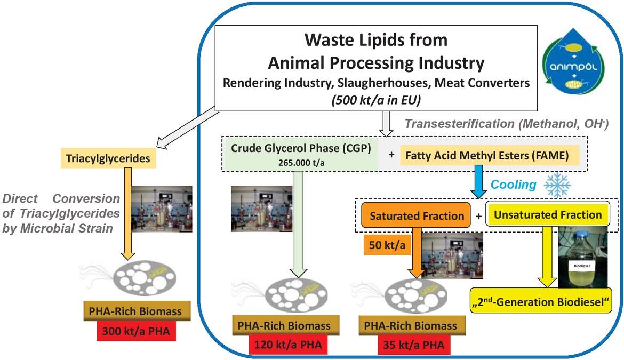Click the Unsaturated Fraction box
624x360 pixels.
point(547,215)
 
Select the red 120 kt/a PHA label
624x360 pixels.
point(287,344)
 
